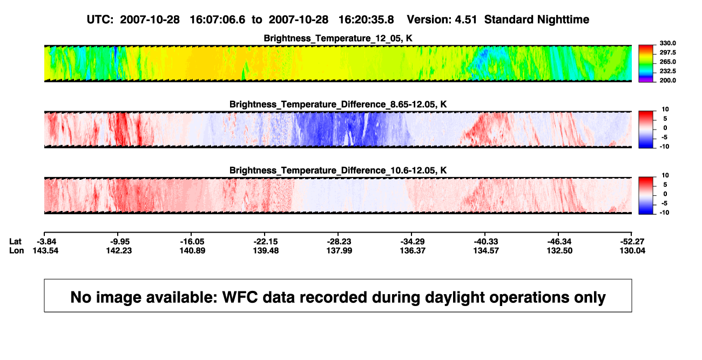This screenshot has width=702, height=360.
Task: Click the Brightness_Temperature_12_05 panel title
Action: click(338, 38)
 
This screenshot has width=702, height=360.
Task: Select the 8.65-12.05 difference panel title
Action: click(338, 104)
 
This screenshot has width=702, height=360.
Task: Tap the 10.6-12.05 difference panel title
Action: click(338, 171)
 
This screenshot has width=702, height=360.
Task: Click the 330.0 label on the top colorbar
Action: click(667, 43)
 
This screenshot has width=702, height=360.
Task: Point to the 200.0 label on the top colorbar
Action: click(667, 80)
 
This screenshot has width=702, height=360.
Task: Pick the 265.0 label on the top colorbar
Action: click(667, 62)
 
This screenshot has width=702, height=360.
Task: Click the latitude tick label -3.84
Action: click(46, 242)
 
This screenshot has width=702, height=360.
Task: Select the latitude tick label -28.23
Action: click(339, 242)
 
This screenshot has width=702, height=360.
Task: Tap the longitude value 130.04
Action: click(632, 250)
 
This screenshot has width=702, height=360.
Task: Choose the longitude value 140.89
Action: click(192, 250)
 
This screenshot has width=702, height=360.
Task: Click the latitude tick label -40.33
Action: click(486, 242)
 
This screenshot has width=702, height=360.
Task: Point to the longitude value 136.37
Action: click(413, 250)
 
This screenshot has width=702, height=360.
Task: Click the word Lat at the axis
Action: click(15, 242)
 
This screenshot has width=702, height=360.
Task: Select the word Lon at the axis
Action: click(17, 250)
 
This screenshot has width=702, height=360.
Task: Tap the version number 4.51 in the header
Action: click(465, 19)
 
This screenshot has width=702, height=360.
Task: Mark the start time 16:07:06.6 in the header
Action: click(218, 19)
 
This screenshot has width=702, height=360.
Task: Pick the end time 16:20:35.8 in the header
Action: click(366, 19)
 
